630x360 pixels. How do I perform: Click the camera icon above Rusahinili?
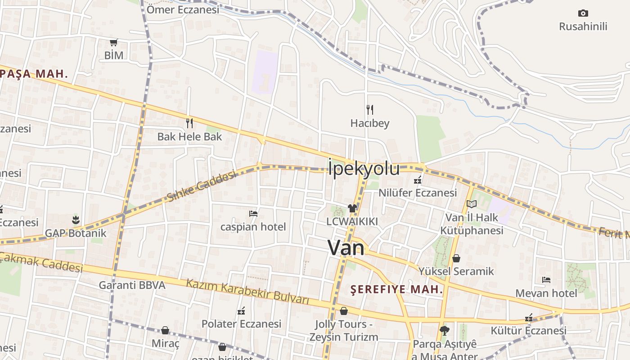pyautogui.click(x=583, y=13)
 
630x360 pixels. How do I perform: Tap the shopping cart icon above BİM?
pyautogui.click(x=114, y=42)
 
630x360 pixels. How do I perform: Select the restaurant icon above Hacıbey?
pyautogui.click(x=370, y=109)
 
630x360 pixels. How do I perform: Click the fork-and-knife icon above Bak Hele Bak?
pyautogui.click(x=189, y=122)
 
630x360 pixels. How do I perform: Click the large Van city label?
pyautogui.click(x=346, y=247)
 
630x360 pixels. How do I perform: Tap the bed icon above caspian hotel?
pyautogui.click(x=253, y=213)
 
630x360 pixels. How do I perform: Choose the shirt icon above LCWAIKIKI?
pyautogui.click(x=352, y=208)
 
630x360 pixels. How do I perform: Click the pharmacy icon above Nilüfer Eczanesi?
pyautogui.click(x=418, y=180)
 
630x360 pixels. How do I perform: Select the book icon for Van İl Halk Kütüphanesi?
pyautogui.click(x=471, y=204)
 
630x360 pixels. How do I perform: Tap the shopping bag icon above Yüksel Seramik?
pyautogui.click(x=456, y=258)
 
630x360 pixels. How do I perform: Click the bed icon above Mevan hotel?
pyautogui.click(x=546, y=280)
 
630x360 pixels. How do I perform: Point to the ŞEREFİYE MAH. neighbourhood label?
pyautogui.click(x=396, y=289)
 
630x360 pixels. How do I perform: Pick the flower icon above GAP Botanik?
pyautogui.click(x=75, y=220)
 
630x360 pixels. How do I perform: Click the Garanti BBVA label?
pyautogui.click(x=132, y=285)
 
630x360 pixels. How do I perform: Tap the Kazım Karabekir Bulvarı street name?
pyautogui.click(x=247, y=291)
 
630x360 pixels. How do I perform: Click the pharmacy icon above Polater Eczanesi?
pyautogui.click(x=241, y=310)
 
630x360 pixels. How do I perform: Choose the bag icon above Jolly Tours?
pyautogui.click(x=344, y=311)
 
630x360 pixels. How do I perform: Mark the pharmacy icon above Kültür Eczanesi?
pyautogui.click(x=529, y=318)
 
